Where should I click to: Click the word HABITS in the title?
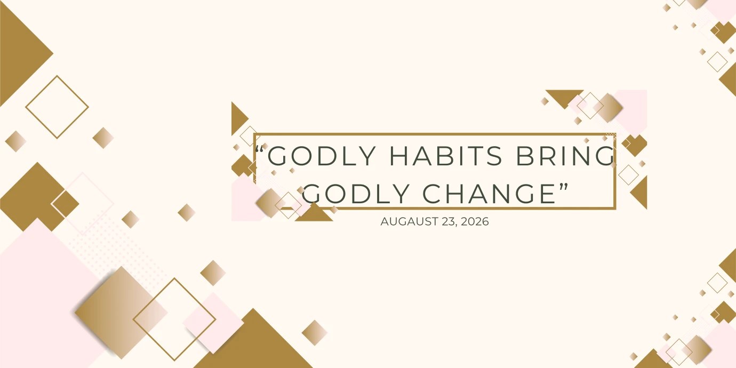[446, 156]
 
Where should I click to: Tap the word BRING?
[565, 156]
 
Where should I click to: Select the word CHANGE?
[489, 194]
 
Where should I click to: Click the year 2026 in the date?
[475, 221]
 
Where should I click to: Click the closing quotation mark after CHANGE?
[564, 187]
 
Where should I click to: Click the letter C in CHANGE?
[432, 194]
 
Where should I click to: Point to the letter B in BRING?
[524, 156]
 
